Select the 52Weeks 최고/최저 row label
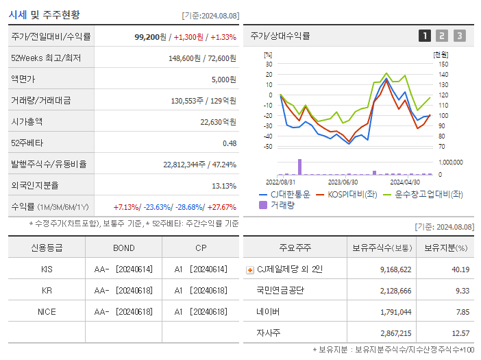[46, 58]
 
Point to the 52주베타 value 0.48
[229, 143]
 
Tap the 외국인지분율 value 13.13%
[223, 186]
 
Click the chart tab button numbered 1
[425, 36]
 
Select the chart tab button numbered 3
[459, 36]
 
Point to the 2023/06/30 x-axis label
[343, 182]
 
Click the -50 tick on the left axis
[269, 147]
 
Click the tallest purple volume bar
[299, 167]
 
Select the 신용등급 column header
[47, 248]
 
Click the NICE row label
[47, 312]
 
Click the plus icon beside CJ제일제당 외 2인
[249, 270]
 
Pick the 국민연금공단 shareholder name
[280, 291]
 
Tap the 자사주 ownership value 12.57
[460, 333]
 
